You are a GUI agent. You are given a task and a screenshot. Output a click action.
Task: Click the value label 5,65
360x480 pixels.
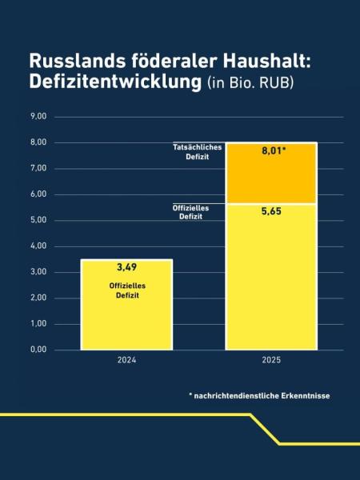point(271,213)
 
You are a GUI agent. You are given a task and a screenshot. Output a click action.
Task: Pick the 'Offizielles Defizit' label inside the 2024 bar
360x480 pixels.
point(126,290)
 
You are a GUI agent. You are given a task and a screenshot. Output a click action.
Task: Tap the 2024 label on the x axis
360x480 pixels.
point(126,362)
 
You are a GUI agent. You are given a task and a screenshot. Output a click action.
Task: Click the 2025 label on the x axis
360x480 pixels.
point(271,362)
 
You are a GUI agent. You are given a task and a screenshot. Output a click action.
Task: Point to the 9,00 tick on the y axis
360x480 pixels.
point(38,117)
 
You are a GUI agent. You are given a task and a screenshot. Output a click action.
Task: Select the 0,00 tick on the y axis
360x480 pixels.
point(38,350)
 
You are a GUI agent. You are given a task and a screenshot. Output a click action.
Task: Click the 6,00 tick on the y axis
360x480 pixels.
point(38,194)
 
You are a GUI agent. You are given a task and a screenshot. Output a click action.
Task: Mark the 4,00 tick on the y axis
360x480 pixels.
point(38,246)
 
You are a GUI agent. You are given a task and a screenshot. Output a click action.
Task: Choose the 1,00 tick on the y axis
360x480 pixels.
point(38,324)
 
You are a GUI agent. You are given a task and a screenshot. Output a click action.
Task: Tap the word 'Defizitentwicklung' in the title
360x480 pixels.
point(113,82)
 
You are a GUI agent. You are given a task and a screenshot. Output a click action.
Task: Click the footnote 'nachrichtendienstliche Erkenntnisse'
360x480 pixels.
point(263,395)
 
